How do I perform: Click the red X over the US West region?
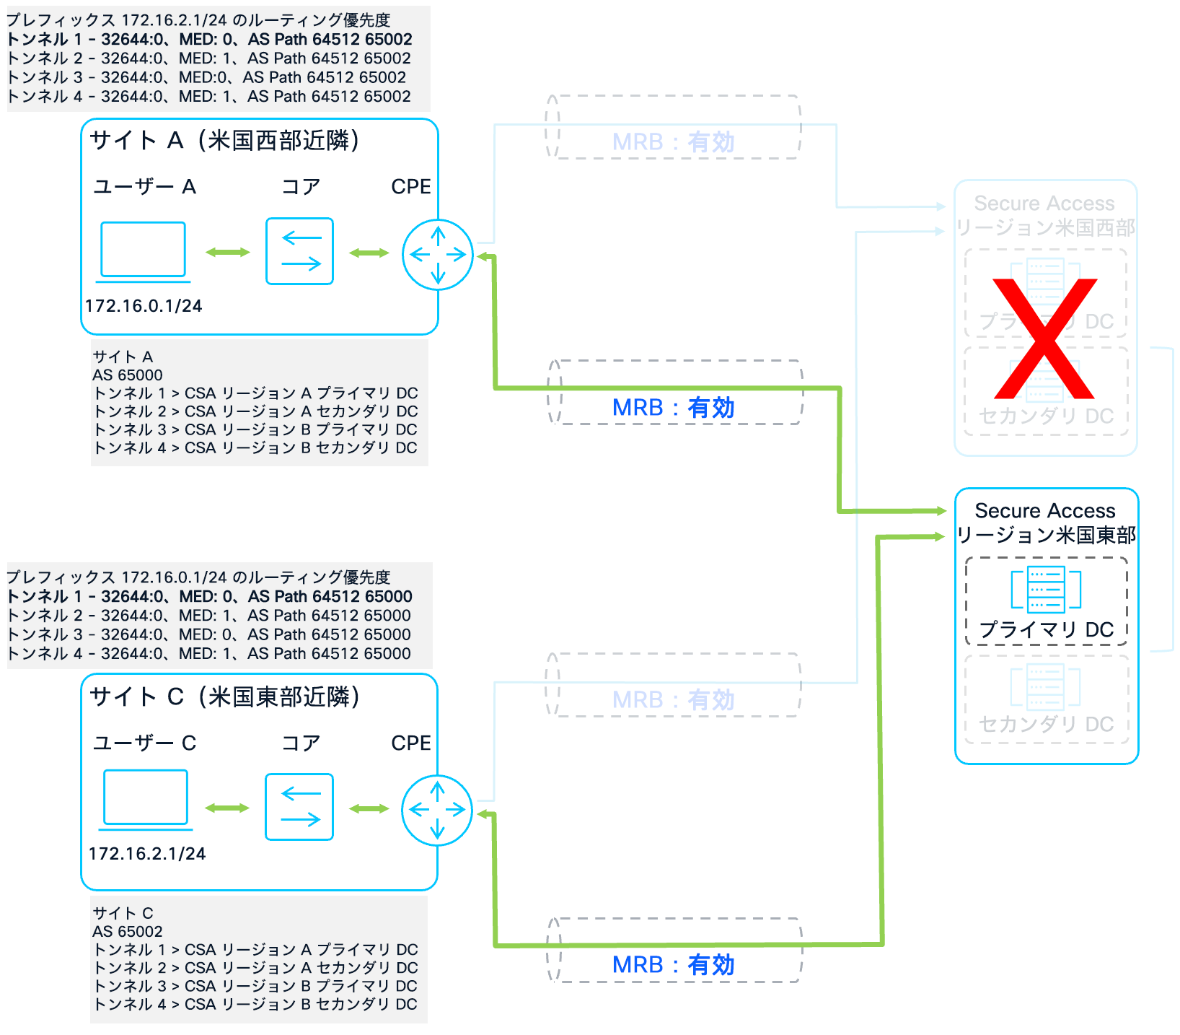(1044, 339)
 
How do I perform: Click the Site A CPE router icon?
(438, 255)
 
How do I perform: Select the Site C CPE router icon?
(437, 810)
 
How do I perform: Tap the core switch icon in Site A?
(299, 251)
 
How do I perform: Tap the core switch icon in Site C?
(299, 807)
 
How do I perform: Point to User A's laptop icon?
(143, 251)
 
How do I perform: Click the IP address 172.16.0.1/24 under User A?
(144, 306)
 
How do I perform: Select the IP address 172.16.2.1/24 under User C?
(147, 854)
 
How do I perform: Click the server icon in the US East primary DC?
(1046, 590)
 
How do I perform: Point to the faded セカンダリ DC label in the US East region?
(1046, 724)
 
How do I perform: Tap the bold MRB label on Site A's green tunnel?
(673, 408)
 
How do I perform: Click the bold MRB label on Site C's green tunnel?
(673, 965)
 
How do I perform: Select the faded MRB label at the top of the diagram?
(673, 142)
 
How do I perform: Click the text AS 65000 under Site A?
(128, 375)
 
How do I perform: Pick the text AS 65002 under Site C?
(128, 932)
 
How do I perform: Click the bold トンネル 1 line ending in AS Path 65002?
(209, 40)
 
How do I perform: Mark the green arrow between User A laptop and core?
(227, 252)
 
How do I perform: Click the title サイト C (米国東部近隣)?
(224, 696)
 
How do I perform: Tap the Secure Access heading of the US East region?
(1045, 511)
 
